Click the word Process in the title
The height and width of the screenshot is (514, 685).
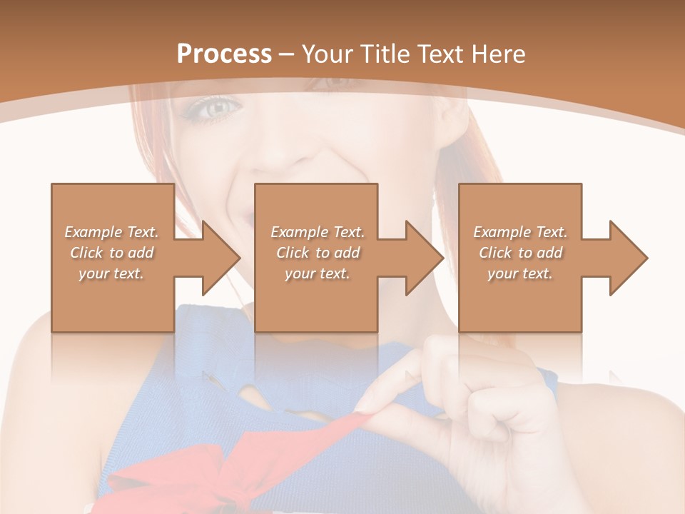224,54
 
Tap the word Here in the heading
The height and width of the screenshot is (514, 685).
500,54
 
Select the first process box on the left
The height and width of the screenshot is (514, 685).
113,207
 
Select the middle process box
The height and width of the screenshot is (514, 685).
316,207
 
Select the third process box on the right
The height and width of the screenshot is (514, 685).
520,207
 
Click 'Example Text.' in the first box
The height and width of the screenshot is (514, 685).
111,232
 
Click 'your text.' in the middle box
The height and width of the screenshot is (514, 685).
317,273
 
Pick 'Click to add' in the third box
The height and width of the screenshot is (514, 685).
521,253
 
